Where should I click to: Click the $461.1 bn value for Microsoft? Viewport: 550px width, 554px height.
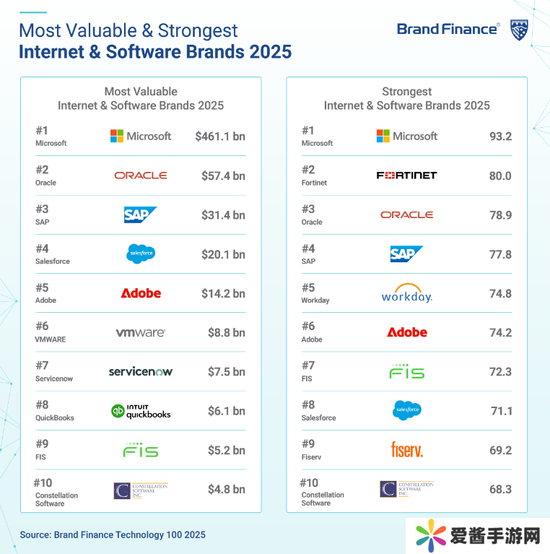click(x=219, y=136)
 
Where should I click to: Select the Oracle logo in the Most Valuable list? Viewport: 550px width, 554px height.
click(x=141, y=176)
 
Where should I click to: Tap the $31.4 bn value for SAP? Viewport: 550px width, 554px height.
click(x=223, y=215)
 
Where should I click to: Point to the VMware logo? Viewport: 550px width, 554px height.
click(x=141, y=333)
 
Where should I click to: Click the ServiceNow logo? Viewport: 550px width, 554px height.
click(x=141, y=372)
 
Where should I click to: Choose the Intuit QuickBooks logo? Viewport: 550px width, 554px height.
click(x=141, y=411)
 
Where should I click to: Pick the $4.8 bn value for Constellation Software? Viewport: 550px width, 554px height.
click(x=226, y=489)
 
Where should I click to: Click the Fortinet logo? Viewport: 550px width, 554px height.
click(x=406, y=176)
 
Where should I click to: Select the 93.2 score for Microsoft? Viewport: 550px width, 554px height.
click(x=500, y=136)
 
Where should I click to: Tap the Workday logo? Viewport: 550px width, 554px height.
click(x=406, y=293)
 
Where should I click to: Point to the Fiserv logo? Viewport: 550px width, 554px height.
click(x=406, y=450)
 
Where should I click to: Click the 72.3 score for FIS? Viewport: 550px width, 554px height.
click(x=500, y=371)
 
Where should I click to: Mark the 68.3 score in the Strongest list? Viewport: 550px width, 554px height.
click(x=500, y=489)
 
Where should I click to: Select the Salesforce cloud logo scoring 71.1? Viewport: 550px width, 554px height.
click(x=406, y=410)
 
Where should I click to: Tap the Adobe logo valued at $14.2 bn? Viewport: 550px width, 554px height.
click(x=141, y=293)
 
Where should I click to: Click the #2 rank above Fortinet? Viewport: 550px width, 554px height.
click(x=308, y=170)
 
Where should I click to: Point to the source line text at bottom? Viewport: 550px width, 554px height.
click(x=113, y=534)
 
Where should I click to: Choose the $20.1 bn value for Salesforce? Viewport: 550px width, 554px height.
click(x=223, y=254)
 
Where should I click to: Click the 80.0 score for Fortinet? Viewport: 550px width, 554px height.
click(x=500, y=176)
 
